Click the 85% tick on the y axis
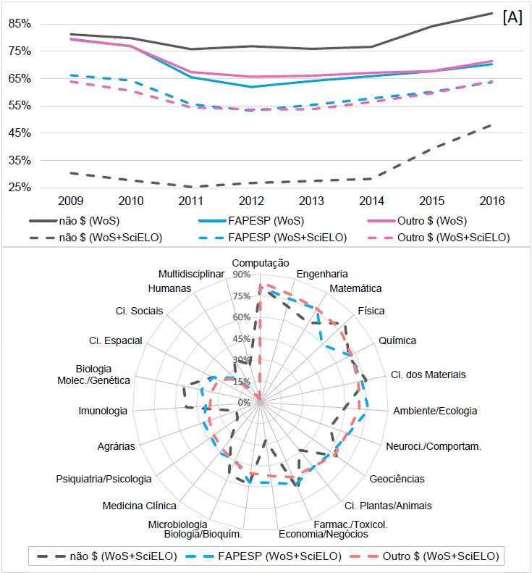[x=20, y=23]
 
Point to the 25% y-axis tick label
[x=20, y=187]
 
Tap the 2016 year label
[x=491, y=200]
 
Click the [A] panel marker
[x=512, y=18]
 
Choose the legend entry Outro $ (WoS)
[x=431, y=221]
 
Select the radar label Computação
[x=261, y=263]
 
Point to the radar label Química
[x=397, y=340]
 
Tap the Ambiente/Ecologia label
[x=435, y=411]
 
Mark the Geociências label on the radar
[x=397, y=479]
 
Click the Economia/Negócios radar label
[x=324, y=534]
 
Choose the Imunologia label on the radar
[x=103, y=411]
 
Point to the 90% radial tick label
[x=242, y=275]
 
